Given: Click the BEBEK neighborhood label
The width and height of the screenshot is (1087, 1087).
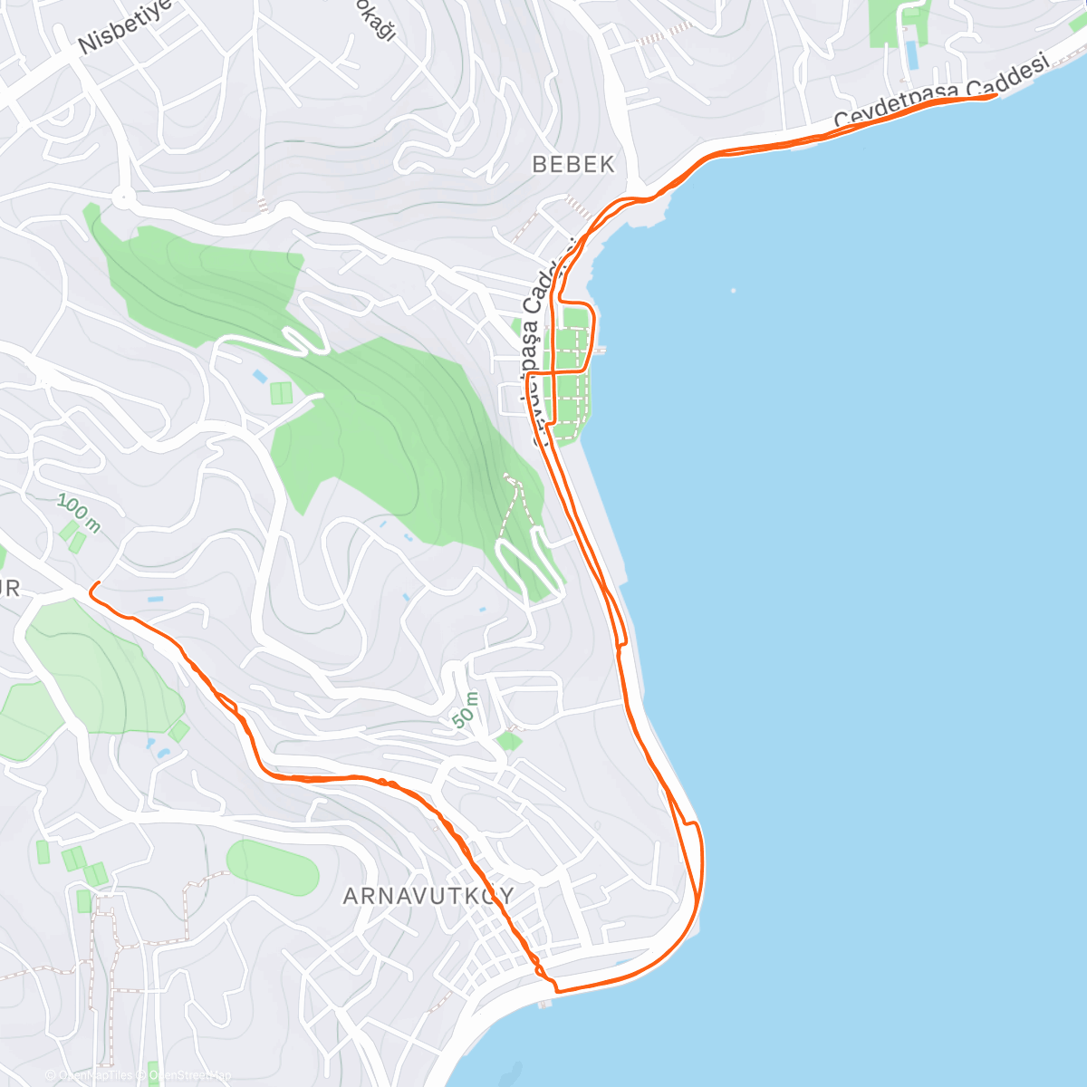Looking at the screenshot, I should [572, 164].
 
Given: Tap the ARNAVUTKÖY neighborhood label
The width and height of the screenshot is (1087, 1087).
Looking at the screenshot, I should [428, 896].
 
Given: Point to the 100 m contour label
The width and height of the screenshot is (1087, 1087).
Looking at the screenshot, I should [78, 513].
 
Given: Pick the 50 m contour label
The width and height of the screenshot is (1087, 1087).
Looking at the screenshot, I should [466, 709].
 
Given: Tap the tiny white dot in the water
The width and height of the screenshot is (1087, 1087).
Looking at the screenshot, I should [733, 291].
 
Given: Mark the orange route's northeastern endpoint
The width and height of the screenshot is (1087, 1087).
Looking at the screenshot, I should [996, 94].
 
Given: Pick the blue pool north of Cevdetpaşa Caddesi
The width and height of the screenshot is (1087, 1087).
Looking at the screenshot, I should [911, 55].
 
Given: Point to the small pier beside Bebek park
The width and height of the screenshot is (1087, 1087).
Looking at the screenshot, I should [601, 350].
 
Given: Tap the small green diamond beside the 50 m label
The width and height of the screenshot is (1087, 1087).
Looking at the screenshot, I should [509, 741].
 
